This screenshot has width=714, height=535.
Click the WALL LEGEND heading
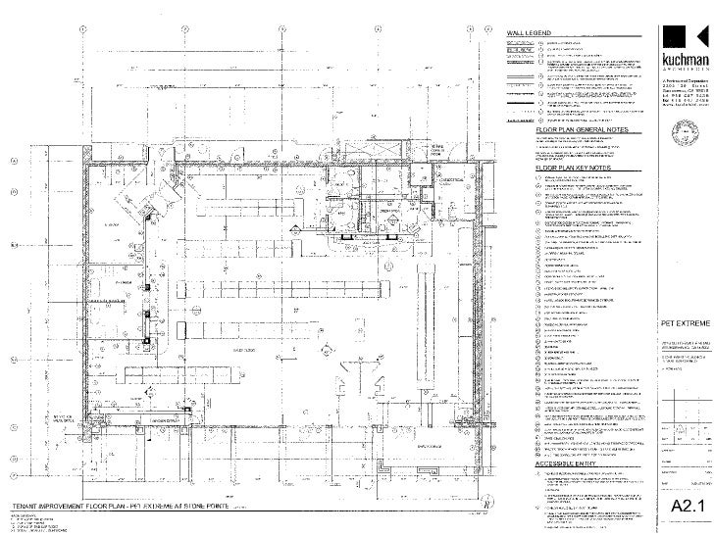point(531,34)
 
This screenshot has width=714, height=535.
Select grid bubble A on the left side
point(14,162)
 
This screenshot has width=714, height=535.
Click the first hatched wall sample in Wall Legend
point(517,43)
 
